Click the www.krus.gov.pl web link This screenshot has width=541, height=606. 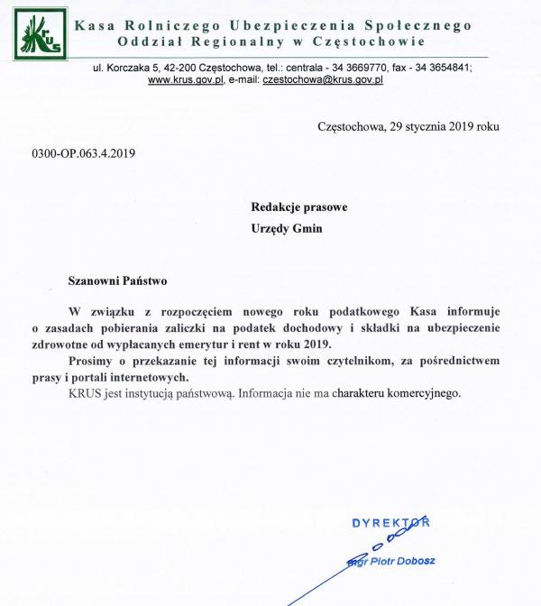186,80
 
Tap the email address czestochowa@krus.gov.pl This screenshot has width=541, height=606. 323,80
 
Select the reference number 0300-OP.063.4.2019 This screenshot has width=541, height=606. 83,153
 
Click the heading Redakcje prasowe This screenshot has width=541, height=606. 299,207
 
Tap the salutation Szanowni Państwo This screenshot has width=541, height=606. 118,281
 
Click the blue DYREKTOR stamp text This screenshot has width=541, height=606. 390,523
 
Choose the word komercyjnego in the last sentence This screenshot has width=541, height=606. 425,393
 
